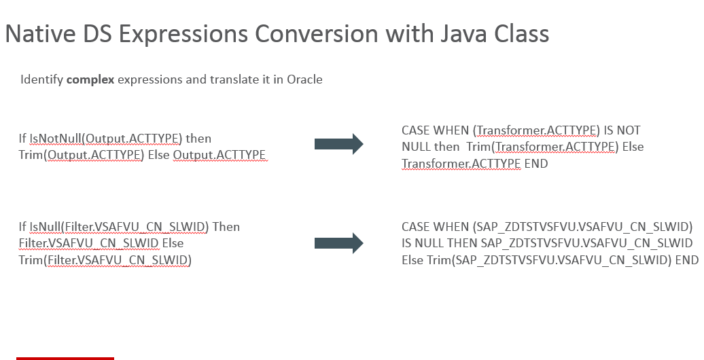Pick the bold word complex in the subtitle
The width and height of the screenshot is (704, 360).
click(x=90, y=79)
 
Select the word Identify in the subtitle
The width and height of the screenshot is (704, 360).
click(x=41, y=79)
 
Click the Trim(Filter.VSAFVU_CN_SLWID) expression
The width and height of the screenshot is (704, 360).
click(x=105, y=259)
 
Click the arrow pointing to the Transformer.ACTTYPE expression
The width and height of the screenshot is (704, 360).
click(x=338, y=144)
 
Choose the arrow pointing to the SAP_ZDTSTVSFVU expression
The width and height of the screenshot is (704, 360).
click(x=338, y=243)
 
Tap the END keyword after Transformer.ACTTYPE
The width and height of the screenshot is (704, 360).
click(x=536, y=164)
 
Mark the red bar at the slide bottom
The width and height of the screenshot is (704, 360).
click(x=65, y=357)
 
